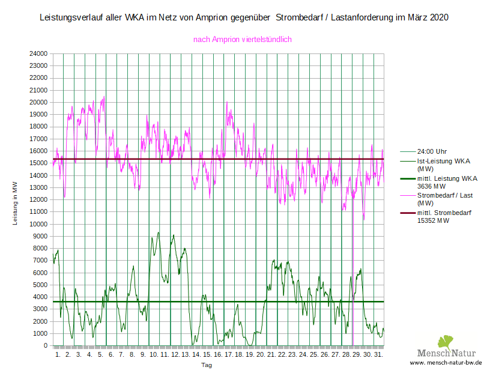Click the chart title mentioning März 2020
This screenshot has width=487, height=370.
(243, 19)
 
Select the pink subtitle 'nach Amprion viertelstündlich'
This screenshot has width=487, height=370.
(242, 40)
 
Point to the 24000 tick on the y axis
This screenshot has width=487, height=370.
(39, 53)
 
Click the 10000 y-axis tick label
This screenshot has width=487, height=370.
(39, 224)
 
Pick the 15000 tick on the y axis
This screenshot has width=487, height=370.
(39, 163)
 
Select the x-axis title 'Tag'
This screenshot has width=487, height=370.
(206, 365)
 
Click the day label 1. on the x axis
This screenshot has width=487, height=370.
(58, 355)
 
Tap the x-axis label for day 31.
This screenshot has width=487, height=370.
(378, 355)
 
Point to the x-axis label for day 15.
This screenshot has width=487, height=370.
(207, 355)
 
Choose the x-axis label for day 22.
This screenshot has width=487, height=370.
(282, 355)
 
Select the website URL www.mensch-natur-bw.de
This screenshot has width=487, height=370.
(446, 364)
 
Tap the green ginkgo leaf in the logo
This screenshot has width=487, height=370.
(445, 342)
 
